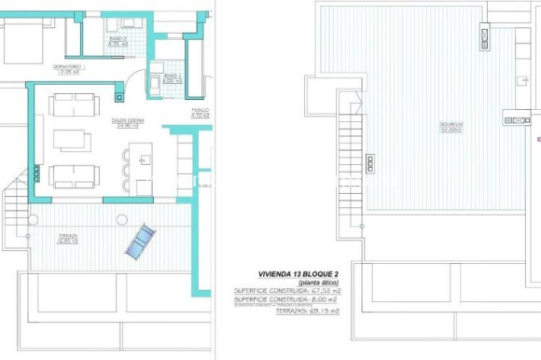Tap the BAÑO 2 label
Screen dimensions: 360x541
pyautogui.click(x=117, y=42)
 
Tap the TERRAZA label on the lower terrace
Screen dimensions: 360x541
pyautogui.click(x=66, y=238)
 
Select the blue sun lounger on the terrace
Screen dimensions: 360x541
pyautogui.click(x=140, y=242)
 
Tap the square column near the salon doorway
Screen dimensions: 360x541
pyautogui.click(x=119, y=95)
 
